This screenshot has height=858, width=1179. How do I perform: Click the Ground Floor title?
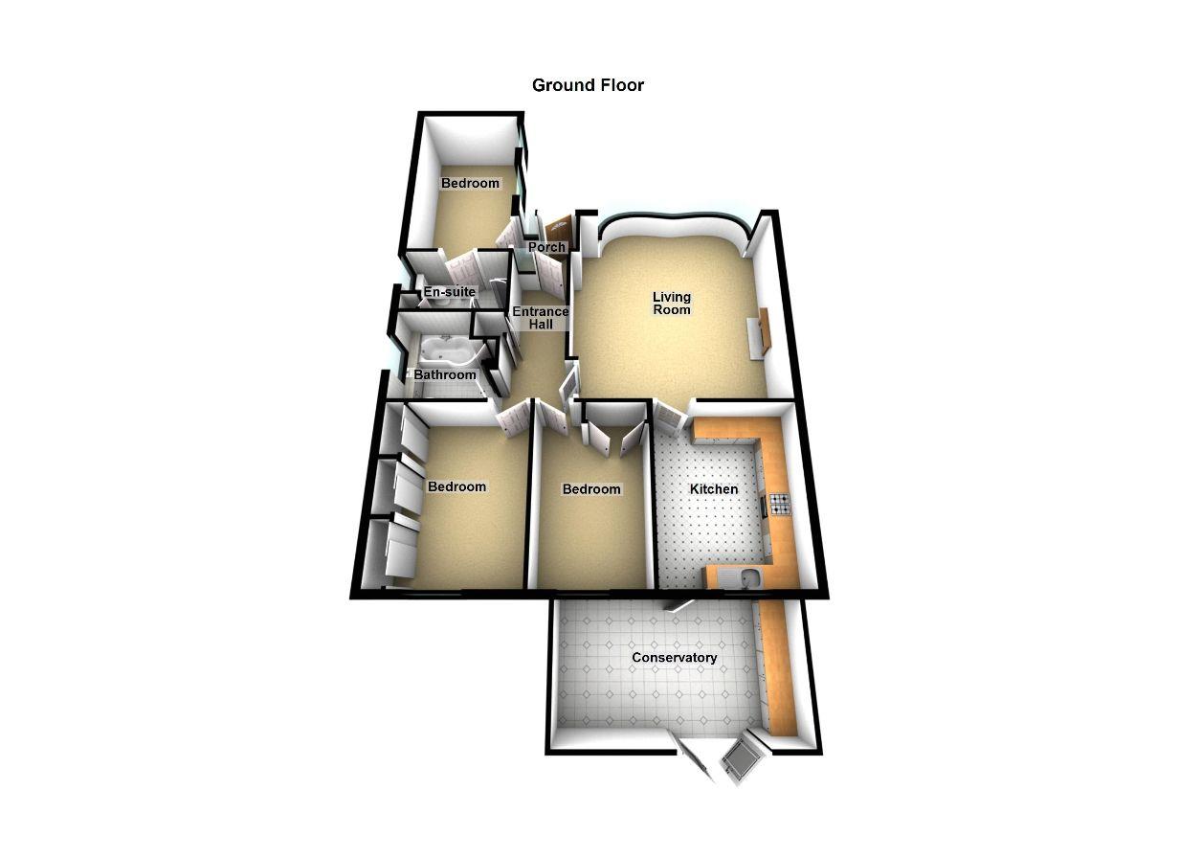click(588, 85)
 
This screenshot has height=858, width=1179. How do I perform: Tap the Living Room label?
click(671, 303)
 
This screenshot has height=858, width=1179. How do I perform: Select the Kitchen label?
click(714, 489)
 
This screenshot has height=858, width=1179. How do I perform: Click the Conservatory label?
click(674, 658)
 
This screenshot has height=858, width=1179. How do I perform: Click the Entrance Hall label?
click(540, 318)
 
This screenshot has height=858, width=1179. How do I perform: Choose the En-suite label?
click(450, 292)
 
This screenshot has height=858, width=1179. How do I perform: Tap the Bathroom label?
click(444, 374)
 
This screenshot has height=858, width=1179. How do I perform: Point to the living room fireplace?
click(762, 334)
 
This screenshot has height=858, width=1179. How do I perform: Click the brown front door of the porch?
click(558, 229)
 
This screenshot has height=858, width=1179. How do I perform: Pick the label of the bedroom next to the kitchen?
click(590, 489)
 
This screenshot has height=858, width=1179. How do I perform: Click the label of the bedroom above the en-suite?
click(470, 183)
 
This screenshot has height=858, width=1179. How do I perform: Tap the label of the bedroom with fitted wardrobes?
click(456, 486)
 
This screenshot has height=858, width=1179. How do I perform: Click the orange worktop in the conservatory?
click(780, 670)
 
